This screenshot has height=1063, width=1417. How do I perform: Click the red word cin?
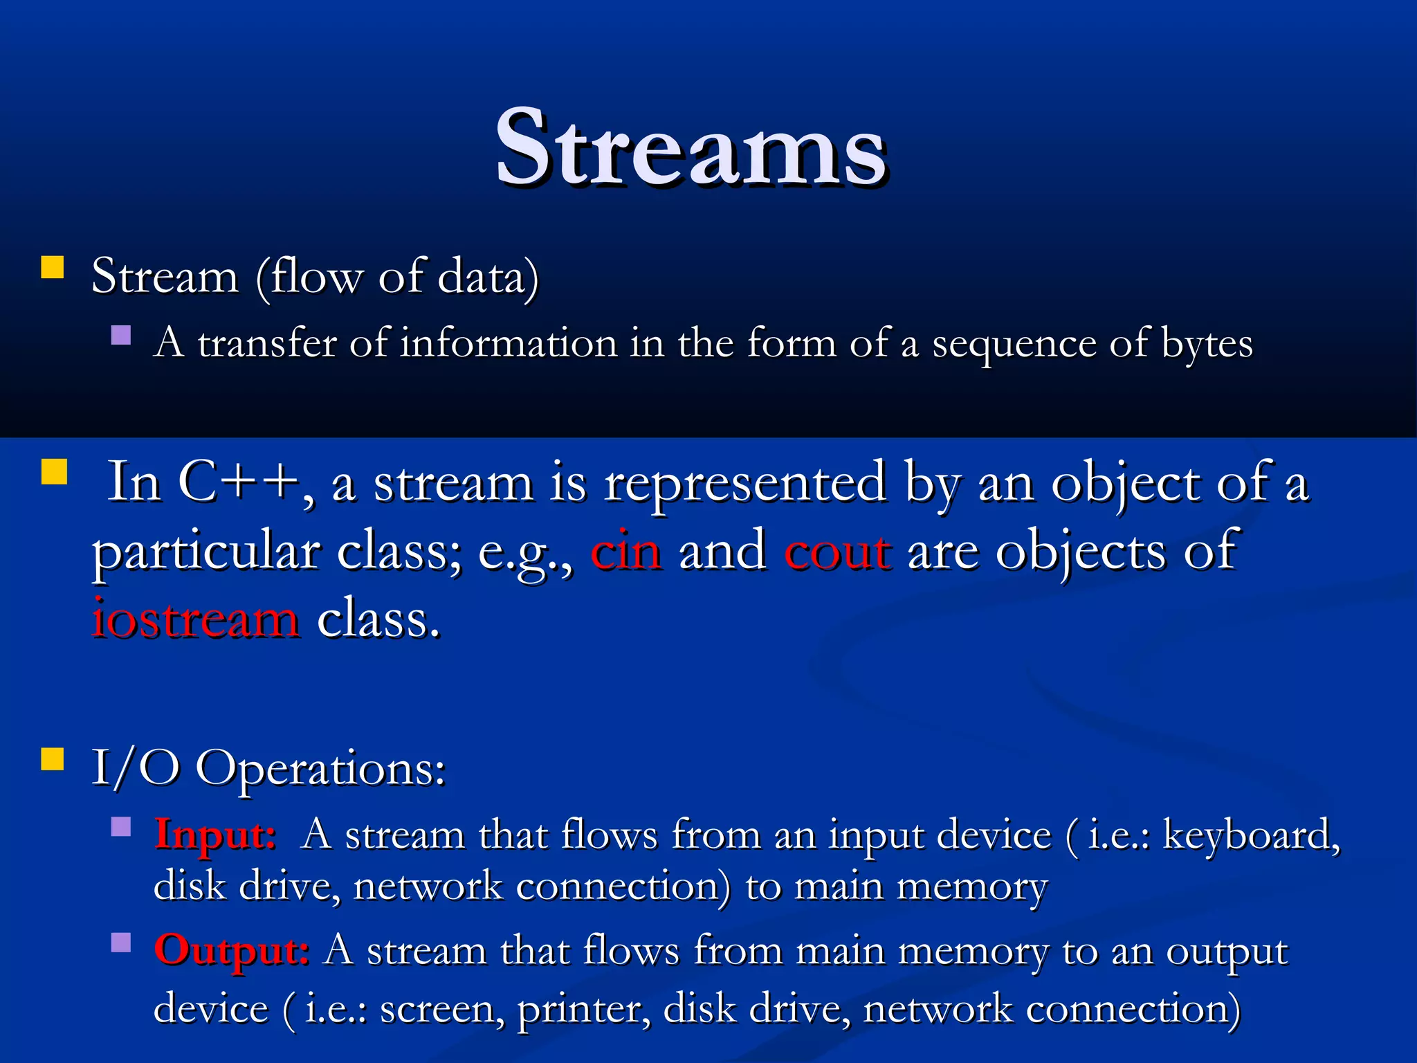click(625, 552)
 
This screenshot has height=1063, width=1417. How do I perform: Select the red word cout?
click(837, 552)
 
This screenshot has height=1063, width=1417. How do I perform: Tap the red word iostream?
click(196, 619)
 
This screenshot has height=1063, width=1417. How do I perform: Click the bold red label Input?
click(215, 834)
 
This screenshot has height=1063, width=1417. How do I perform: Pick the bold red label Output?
click(231, 950)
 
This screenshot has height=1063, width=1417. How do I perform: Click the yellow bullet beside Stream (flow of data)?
click(53, 267)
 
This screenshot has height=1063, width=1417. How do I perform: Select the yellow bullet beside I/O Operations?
click(53, 758)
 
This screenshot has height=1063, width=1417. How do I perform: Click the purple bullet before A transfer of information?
click(121, 336)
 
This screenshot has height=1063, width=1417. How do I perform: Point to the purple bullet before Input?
click(121, 827)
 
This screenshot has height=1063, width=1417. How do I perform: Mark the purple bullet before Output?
click(121, 943)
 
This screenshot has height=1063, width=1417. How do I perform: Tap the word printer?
click(584, 1009)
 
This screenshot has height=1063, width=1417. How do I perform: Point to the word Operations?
click(320, 769)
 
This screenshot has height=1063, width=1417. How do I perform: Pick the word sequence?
click(1014, 344)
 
